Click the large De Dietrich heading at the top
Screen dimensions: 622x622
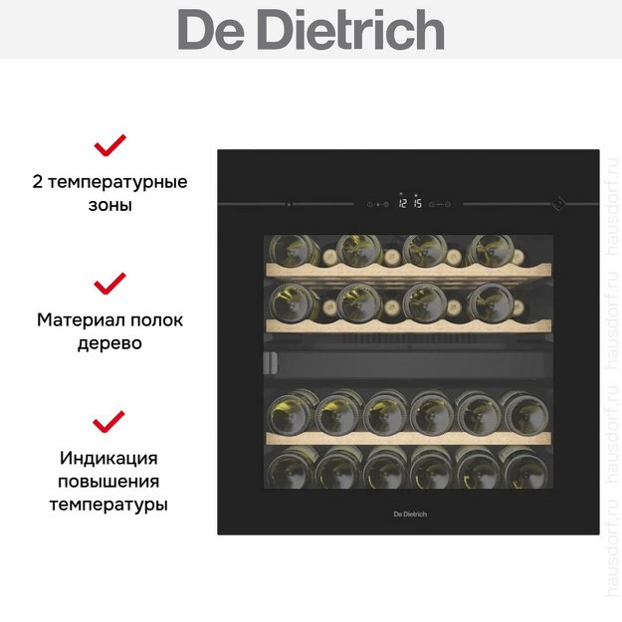coord(311,29)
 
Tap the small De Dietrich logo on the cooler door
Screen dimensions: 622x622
coord(410,515)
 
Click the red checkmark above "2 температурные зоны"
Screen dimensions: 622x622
coord(109,145)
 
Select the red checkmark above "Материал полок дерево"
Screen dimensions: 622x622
coord(109,284)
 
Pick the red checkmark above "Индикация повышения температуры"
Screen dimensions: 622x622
coord(108,421)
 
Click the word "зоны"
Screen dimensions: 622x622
coord(109,205)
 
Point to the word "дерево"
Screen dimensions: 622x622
coord(109,343)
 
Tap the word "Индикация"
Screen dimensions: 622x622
coord(108,459)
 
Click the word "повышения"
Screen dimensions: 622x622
coord(108,482)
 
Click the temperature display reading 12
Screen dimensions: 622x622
coord(403,203)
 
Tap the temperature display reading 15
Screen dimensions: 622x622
coord(417,203)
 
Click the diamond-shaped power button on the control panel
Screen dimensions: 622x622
coord(557,203)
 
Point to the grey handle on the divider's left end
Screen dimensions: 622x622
coord(270,363)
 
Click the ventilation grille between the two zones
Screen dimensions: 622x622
coord(409,339)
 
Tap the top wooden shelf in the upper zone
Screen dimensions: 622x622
coord(408,271)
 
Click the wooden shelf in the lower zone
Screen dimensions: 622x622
coord(408,438)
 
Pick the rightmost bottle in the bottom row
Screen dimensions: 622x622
coord(525,469)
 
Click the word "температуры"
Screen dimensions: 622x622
coord(108,505)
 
